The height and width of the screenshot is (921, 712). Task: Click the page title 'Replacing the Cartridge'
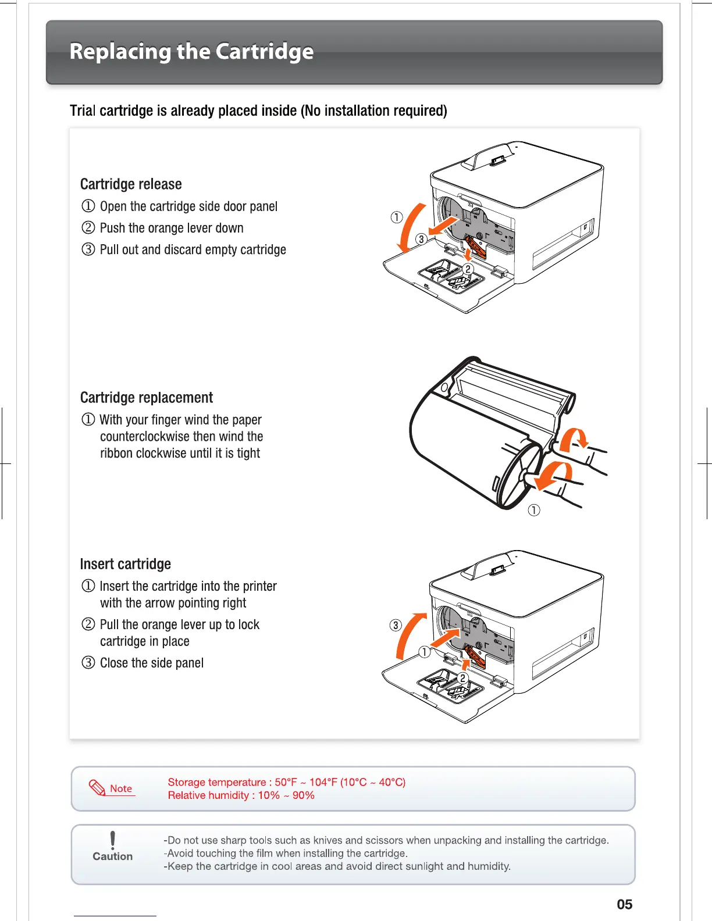coord(191,52)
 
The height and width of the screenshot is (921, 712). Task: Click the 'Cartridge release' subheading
coord(131,184)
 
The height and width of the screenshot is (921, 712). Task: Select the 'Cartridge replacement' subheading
coord(147,398)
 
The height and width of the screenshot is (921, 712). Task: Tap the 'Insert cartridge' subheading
coord(126,564)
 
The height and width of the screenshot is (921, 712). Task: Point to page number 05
coord(624,904)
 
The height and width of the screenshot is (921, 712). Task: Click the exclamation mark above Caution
coord(112,840)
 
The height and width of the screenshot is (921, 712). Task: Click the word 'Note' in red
coord(121,788)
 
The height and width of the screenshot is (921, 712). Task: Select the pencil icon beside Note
coord(97,788)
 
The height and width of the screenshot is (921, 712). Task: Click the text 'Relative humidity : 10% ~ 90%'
coord(241,795)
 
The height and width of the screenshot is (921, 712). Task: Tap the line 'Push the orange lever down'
coord(172,228)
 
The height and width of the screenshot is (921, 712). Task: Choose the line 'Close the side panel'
coord(152,663)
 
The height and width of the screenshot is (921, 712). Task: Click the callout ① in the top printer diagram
coord(396,217)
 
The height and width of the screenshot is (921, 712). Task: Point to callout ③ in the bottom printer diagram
coord(396,625)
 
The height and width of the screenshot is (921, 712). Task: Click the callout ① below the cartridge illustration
coord(533,510)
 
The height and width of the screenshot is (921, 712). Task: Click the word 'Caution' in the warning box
coord(112,856)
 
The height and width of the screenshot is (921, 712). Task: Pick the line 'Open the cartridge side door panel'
coord(188,206)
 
